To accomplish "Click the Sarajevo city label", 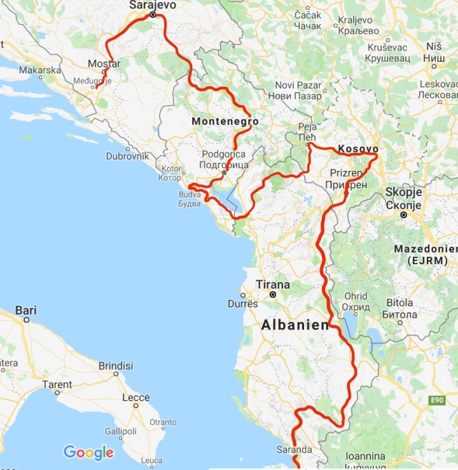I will coord(152,4).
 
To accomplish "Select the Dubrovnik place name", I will coord(128,155).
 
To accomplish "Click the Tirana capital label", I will coord(272,285).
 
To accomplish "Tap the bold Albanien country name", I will coord(295,325).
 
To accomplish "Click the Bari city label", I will coord(26,310).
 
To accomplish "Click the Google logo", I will coord(88,453).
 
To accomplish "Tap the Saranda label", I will coord(294,450).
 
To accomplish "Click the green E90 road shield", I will coord(436,400).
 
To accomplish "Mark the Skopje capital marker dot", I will coord(403,215).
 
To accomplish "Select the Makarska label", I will coord(40,70).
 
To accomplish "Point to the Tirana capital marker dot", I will coord(273,295).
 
